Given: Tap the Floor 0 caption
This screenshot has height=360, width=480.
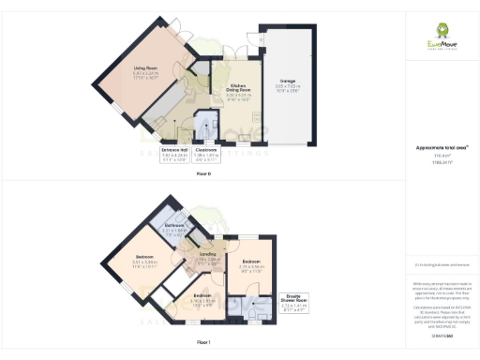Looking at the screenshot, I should point(202,173).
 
